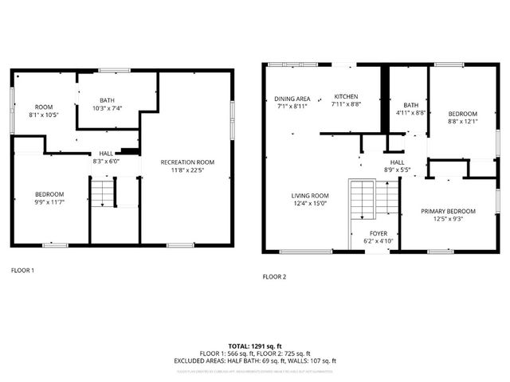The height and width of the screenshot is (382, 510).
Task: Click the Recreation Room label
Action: (187, 162)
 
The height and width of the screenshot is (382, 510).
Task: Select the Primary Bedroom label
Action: (448, 211)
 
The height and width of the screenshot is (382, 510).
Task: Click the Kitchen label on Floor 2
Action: (345, 96)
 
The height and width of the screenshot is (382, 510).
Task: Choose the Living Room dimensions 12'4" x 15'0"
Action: (309, 203)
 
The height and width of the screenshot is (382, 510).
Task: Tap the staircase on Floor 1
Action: (102, 194)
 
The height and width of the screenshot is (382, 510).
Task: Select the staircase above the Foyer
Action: (363, 201)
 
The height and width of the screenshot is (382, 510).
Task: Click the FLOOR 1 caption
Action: (22, 271)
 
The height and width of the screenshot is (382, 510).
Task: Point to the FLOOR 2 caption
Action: (274, 277)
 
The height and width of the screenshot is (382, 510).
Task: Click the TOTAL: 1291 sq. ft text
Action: (255, 346)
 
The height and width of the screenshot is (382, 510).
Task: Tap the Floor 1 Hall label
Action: (105, 154)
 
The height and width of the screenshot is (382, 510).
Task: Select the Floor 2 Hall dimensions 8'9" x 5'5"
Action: (397, 170)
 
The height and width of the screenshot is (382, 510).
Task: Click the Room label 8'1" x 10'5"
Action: (42, 107)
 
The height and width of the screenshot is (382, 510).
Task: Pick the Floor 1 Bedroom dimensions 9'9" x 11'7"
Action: (49, 202)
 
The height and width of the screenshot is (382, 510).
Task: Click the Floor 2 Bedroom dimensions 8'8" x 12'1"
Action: (462, 122)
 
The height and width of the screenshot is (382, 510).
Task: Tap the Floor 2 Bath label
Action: (410, 105)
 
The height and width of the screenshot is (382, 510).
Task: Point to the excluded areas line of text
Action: (255, 361)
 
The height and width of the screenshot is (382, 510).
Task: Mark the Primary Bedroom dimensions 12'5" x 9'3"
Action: (448, 219)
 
